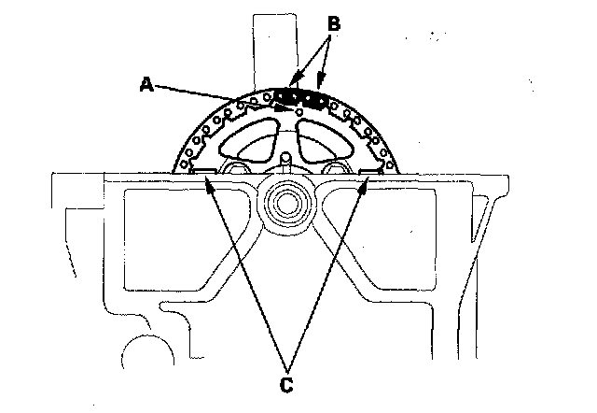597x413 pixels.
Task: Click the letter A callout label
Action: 146,83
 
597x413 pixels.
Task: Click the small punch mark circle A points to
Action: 297,112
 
